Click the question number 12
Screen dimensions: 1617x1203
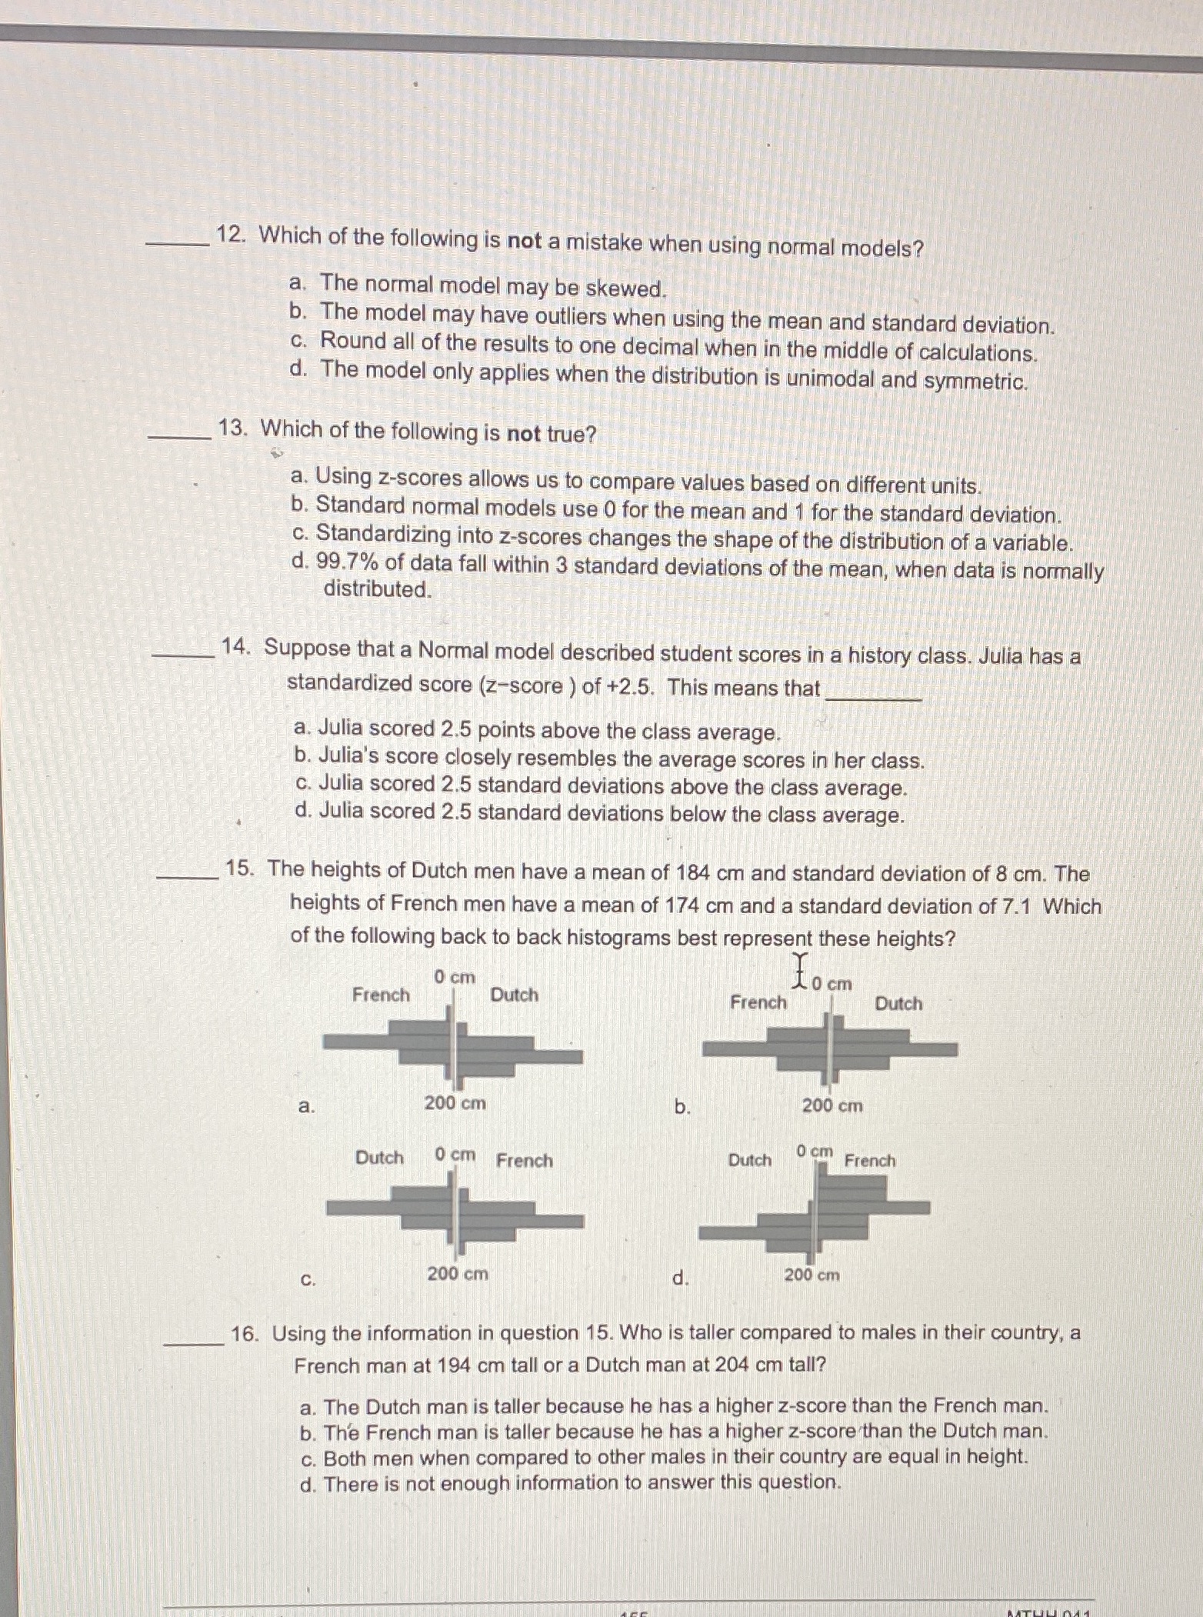click(x=229, y=235)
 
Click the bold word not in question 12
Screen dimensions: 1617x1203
click(x=525, y=242)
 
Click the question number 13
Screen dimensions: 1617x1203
click(x=232, y=428)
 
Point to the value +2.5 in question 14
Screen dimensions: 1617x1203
click(x=634, y=686)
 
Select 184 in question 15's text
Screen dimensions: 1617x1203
click(x=691, y=873)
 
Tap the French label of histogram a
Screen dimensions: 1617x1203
click(x=381, y=995)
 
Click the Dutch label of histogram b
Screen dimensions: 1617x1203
click(x=898, y=1003)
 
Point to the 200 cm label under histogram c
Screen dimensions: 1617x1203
click(x=458, y=1273)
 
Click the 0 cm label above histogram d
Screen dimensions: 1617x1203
click(x=815, y=1152)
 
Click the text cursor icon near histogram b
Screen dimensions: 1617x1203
click(x=801, y=970)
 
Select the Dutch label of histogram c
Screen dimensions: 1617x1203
click(x=379, y=1158)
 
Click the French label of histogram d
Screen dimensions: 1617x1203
click(x=869, y=1161)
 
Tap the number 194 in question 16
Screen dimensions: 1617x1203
click(x=454, y=1367)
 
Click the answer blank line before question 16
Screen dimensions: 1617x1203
click(x=194, y=1342)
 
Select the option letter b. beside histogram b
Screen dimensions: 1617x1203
click(x=681, y=1107)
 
